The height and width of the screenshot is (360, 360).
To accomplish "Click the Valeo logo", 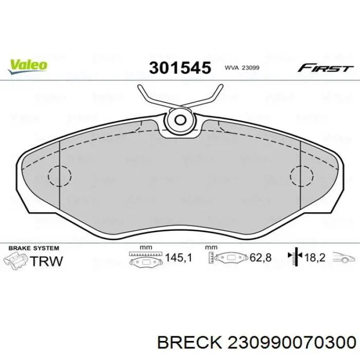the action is pyautogui.click(x=28, y=66).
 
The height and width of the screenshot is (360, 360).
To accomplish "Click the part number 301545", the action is pyautogui.click(x=180, y=68).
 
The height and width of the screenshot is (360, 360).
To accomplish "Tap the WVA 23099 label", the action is pyautogui.click(x=242, y=68).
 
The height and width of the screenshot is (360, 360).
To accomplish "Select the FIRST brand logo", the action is pyautogui.click(x=326, y=68).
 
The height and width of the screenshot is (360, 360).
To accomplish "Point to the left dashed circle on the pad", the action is pyautogui.click(x=60, y=176).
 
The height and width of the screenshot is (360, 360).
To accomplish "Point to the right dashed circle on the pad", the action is pyautogui.click(x=301, y=176).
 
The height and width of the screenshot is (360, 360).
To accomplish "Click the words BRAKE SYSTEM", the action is pyautogui.click(x=34, y=248).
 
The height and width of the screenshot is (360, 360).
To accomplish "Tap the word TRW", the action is pyautogui.click(x=46, y=261).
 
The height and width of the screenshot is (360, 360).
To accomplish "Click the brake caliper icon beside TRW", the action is pyautogui.click(x=16, y=261).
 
